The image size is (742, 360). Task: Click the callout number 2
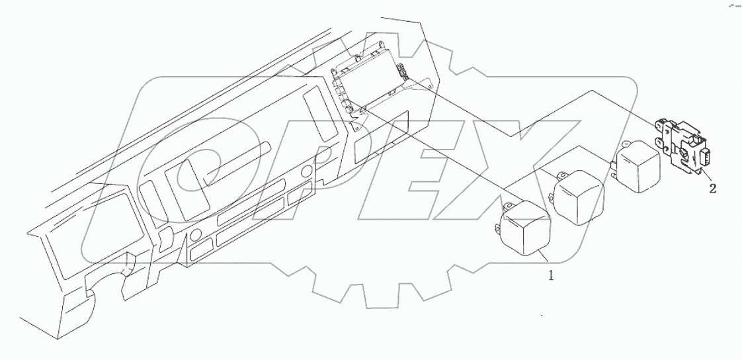pyautogui.click(x=712, y=189)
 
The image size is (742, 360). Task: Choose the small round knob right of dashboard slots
pyautogui.click(x=306, y=173)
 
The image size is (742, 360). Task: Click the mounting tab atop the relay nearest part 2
pyautogui.click(x=625, y=142)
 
